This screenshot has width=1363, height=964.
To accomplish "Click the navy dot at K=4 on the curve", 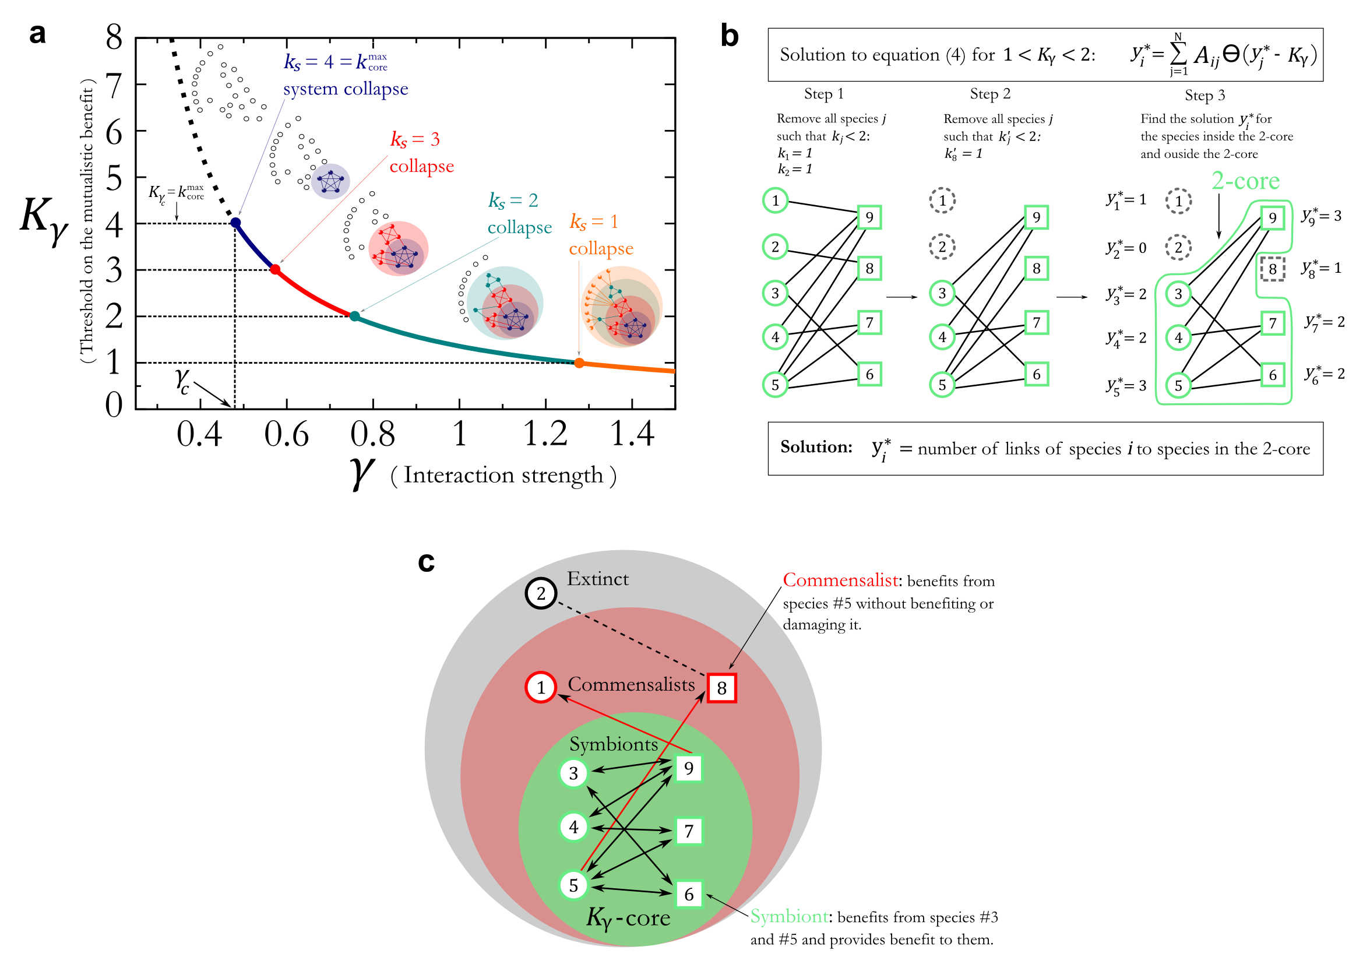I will (235, 223).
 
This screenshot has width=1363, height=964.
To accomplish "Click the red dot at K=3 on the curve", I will (275, 269).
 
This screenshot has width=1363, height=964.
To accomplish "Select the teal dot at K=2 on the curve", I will (354, 316).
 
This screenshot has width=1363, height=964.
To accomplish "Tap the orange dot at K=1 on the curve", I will (579, 363).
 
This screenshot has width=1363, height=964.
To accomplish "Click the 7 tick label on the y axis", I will (114, 86).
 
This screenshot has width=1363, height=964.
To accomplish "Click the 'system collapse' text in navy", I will (346, 89).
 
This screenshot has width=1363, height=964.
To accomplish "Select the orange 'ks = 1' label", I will (594, 222).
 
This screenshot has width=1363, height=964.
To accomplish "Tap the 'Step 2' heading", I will (989, 94).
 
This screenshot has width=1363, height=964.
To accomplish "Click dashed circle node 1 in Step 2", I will (942, 200).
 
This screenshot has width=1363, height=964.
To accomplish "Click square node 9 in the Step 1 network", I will (869, 217).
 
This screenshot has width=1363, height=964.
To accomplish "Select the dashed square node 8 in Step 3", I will (1272, 269).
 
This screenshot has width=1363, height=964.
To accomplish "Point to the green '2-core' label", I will (1245, 181).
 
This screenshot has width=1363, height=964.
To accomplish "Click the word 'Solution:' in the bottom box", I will (816, 447).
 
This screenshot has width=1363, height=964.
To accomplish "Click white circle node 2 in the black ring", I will (541, 593).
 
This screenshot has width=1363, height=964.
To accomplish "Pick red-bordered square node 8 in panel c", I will (721, 688).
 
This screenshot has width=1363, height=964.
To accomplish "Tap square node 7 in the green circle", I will (689, 831).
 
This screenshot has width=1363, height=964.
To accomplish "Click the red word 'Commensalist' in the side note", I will (840, 580).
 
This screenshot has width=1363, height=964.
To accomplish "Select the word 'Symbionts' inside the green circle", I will (613, 744).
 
